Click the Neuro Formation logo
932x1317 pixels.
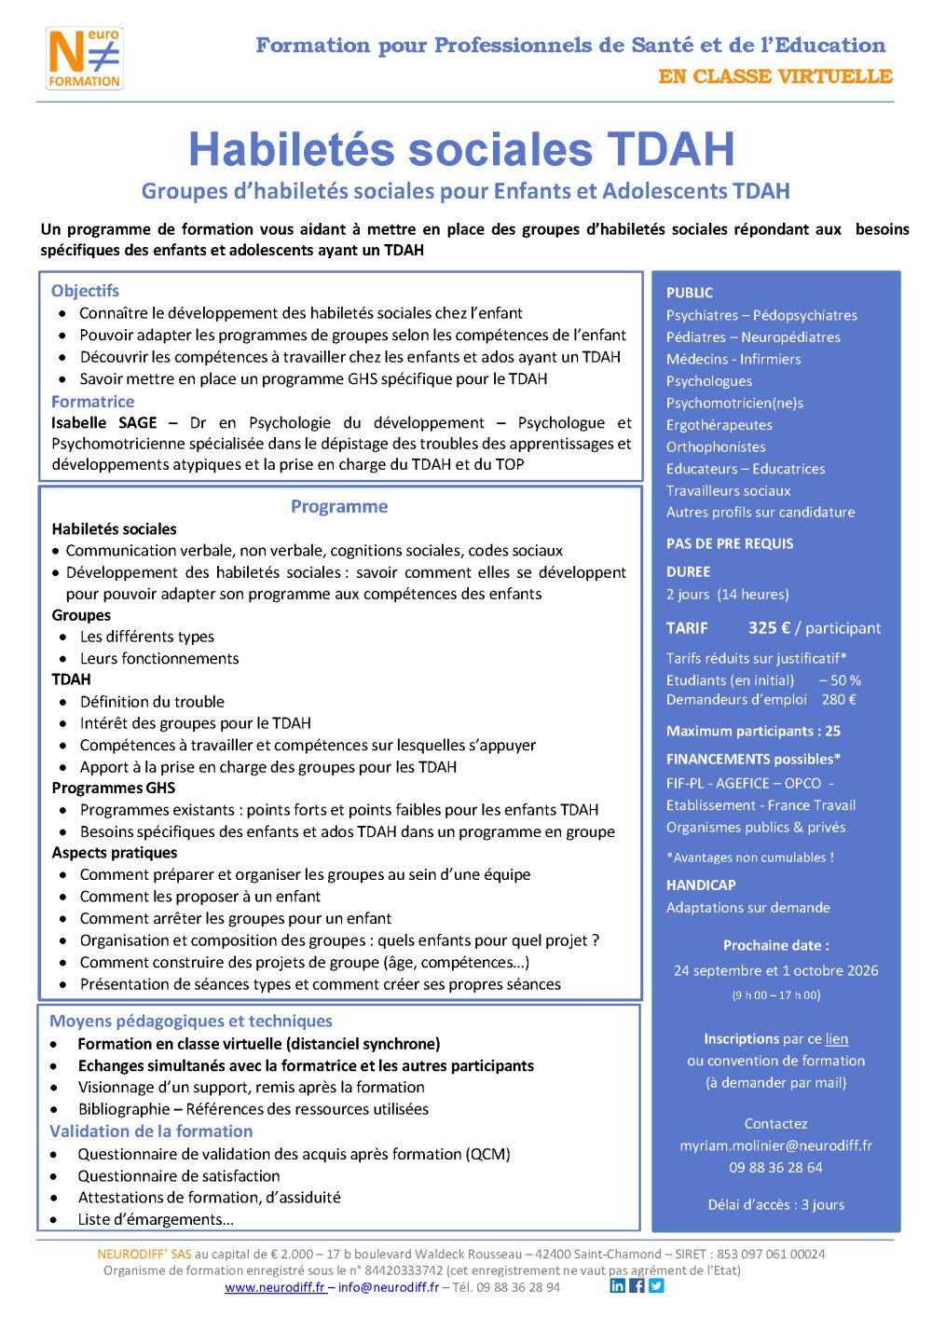[84, 58]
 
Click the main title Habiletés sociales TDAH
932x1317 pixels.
[461, 149]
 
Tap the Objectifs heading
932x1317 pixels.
[85, 291]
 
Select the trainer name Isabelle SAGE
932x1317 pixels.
[103, 423]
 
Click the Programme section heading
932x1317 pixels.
[339, 506]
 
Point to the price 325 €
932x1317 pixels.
[769, 628]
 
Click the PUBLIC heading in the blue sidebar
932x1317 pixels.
[690, 293]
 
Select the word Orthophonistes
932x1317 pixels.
[716, 447]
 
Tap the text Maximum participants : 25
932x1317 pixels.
[753, 732]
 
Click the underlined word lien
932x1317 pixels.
[837, 1039]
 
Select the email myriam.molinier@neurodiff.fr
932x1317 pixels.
[775, 1146]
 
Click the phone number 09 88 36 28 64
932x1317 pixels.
[775, 1168]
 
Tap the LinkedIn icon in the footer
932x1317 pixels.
[618, 1286]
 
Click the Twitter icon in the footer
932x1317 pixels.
[656, 1286]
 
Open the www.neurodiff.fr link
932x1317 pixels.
[275, 1287]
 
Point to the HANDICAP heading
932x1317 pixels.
[701, 885]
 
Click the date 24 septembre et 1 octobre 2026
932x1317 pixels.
[775, 971]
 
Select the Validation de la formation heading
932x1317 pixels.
[151, 1132]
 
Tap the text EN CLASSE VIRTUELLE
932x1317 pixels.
[775, 76]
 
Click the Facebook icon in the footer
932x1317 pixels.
[637, 1286]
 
